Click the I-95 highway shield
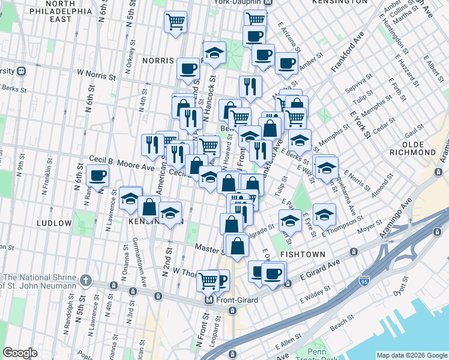click(x=364, y=281)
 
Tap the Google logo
click(x=20, y=353)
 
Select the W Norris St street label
click(x=95, y=77)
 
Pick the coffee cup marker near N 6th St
click(x=97, y=176)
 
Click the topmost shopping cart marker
click(x=176, y=22)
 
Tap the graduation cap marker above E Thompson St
click(x=324, y=215)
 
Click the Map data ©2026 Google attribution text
click(x=411, y=355)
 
